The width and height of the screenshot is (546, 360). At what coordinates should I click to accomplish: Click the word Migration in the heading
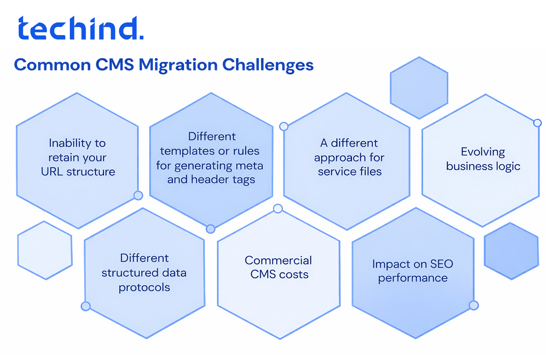(178, 65)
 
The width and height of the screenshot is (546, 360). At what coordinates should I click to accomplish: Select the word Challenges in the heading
(268, 65)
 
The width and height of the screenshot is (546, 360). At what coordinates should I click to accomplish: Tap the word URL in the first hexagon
(52, 172)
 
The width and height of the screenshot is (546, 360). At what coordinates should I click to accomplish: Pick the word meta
(249, 165)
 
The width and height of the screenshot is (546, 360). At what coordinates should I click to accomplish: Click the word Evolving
(483, 152)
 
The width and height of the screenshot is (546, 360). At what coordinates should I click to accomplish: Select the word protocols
(144, 288)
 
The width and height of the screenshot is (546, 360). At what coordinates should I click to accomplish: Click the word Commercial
(278, 260)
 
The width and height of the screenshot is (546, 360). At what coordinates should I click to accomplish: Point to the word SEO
(441, 264)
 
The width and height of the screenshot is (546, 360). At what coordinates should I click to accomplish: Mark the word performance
(413, 278)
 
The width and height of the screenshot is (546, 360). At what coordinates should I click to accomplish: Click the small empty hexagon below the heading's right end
(419, 88)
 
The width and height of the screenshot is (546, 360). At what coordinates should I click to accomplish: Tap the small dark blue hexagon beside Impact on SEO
(511, 251)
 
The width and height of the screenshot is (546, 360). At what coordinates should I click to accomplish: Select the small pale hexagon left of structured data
(45, 250)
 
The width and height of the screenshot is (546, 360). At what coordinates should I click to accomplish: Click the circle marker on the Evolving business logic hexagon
(537, 123)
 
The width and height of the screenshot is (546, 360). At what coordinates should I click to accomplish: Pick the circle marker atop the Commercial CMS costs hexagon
(278, 208)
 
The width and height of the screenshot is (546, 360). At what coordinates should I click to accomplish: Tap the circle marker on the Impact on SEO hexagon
(474, 305)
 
